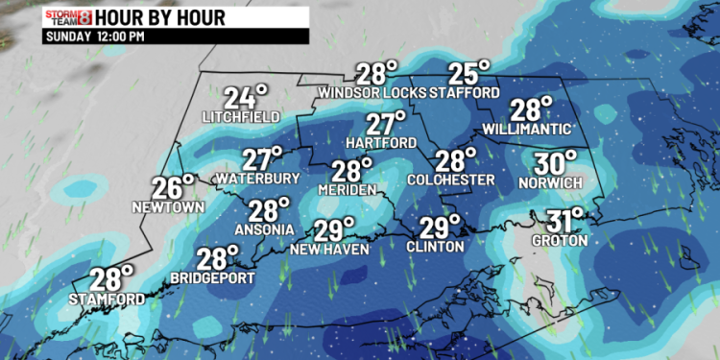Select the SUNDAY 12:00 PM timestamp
coord(95,36)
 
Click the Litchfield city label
coord(241,117)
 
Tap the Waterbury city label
coord(258,179)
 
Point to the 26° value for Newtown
coord(174,187)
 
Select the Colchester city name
coord(450,180)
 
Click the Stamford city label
coord(107,300)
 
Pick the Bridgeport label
coord(212,278)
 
